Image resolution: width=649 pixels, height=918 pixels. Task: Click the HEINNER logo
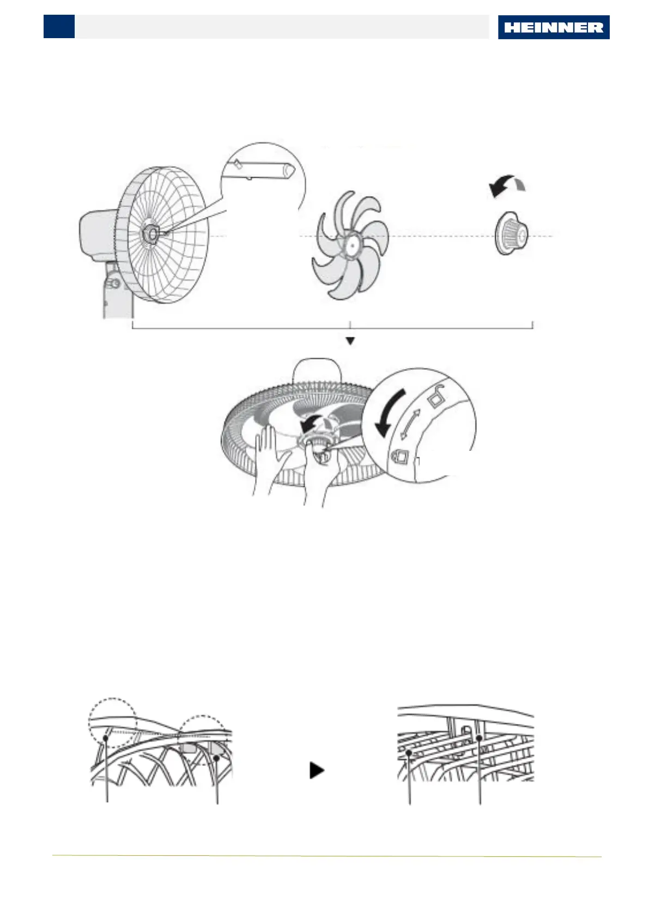tap(553, 27)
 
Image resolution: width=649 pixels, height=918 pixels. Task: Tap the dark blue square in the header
tap(59, 26)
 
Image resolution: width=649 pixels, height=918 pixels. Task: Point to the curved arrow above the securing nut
tap(507, 185)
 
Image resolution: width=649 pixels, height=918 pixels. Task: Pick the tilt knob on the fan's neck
tap(114, 284)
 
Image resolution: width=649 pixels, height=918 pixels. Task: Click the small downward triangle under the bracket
tap(350, 341)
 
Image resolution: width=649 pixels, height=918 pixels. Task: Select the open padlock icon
tap(436, 397)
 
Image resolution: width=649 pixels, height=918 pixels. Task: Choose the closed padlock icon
tap(401, 455)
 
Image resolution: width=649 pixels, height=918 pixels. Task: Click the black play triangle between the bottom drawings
tap(316, 770)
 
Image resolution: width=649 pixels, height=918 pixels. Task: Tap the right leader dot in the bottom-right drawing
tap(479, 738)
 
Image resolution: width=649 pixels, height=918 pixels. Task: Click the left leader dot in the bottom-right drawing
tap(409, 753)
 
